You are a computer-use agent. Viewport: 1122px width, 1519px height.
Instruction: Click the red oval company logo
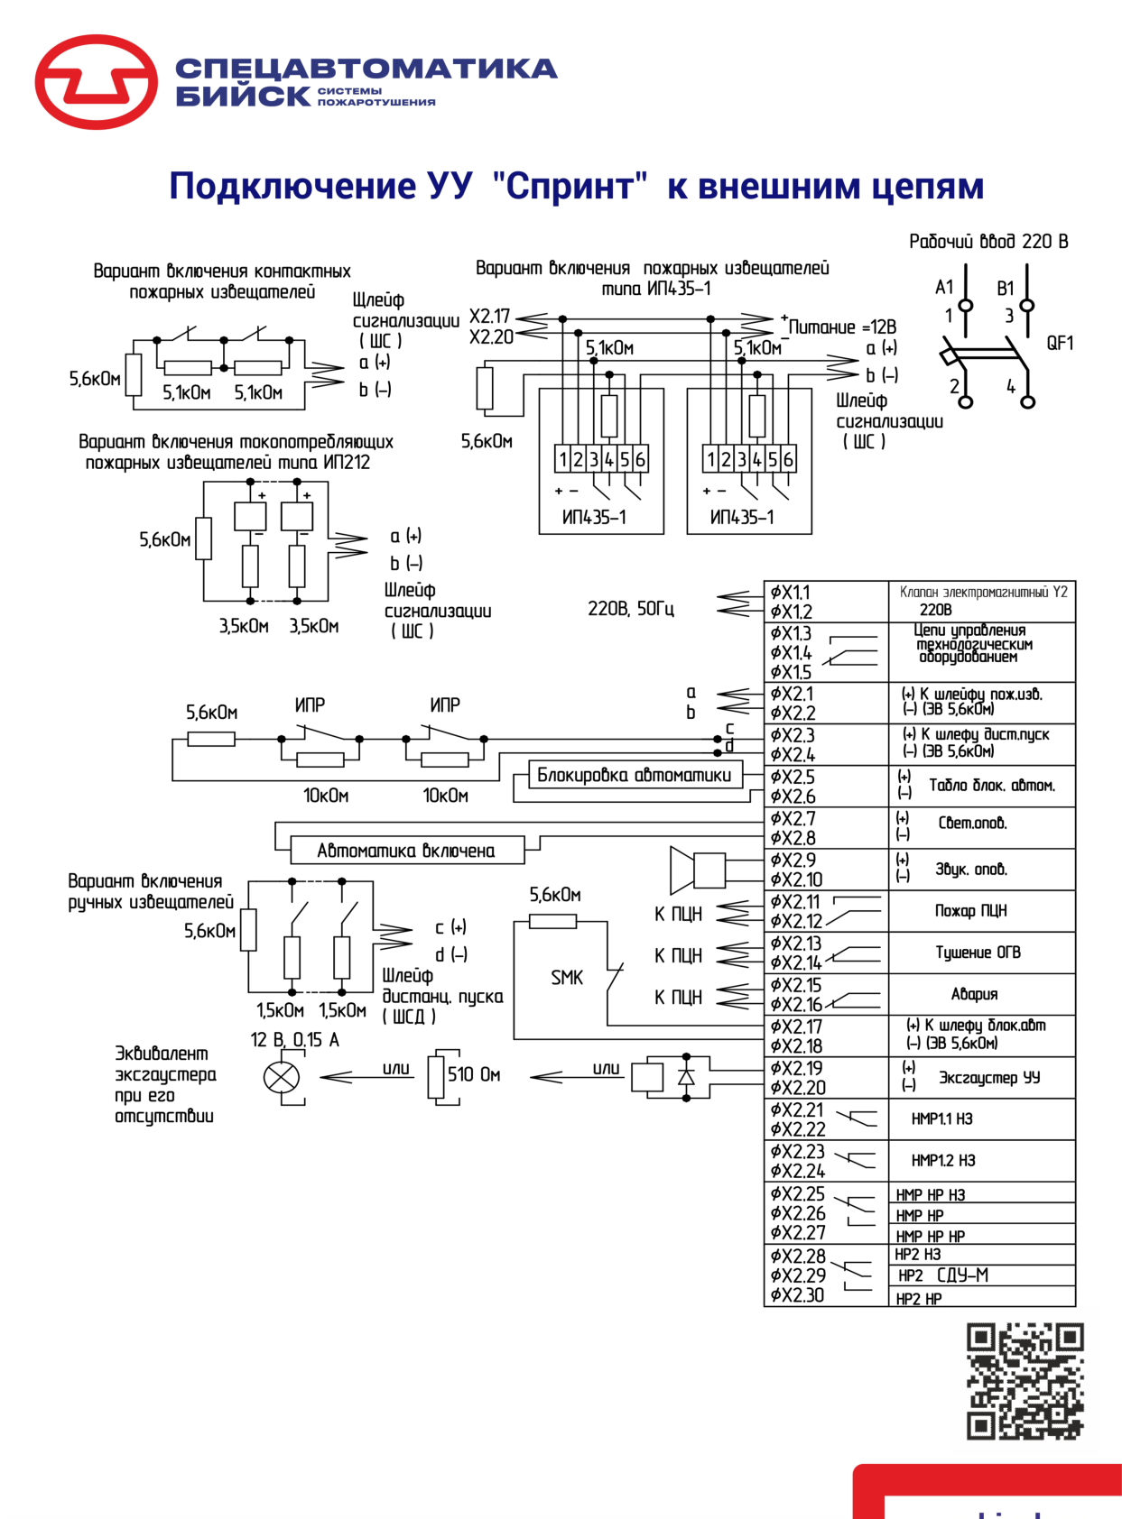96,81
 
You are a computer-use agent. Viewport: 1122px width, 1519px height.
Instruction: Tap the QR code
1024,1381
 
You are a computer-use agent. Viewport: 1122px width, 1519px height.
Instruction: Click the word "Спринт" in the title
570,186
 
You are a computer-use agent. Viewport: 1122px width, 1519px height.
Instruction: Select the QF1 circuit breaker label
1059,343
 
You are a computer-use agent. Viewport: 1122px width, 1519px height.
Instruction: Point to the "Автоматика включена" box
407,850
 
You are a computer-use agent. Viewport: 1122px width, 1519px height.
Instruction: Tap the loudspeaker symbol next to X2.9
697,870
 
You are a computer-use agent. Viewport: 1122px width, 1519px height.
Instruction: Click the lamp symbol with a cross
281,1077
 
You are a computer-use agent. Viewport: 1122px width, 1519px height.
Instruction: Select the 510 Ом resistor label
474,1073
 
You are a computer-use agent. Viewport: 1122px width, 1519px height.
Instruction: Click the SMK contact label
567,978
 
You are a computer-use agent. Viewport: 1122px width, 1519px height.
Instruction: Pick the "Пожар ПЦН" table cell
981,911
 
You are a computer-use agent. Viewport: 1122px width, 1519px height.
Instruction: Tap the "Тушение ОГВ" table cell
981,953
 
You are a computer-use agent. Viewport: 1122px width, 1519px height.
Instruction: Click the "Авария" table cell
981,994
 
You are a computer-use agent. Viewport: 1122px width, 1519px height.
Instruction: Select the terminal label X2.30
797,1294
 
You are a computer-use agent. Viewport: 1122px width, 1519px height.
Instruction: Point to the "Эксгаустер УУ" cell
981,1077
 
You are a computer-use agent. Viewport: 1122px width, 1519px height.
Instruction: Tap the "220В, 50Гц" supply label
631,608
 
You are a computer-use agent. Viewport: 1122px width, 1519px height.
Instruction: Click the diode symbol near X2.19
686,1077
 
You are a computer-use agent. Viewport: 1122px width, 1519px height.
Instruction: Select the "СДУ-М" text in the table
962,1275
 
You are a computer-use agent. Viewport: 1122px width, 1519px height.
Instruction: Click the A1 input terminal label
944,287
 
